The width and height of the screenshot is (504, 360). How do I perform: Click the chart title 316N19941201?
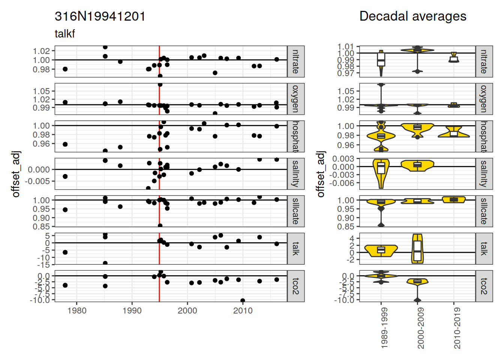pyautogui.click(x=100, y=16)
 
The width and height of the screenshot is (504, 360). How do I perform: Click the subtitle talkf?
pyautogui.click(x=65, y=34)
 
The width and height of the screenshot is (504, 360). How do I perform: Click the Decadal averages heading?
pyautogui.click(x=412, y=16)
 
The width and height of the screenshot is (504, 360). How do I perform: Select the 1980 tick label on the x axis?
pyautogui.click(x=77, y=311)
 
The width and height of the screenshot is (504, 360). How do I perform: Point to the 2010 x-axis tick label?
pyautogui.click(x=243, y=311)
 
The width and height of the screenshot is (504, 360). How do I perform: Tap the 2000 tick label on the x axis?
pyautogui.click(x=187, y=311)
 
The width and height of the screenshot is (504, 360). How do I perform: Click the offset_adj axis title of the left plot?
pyautogui.click(x=16, y=174)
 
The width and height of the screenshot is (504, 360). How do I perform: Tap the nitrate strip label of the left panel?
pyautogui.click(x=295, y=61)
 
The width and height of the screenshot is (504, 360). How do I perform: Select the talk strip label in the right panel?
pyautogui.click(x=484, y=249)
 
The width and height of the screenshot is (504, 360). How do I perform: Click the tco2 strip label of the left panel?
pyautogui.click(x=295, y=286)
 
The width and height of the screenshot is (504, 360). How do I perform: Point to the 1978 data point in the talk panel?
pyautogui.click(x=65, y=252)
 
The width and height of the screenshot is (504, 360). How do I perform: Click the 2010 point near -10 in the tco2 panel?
pyautogui.click(x=243, y=301)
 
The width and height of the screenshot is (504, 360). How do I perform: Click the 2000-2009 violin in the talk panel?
pyautogui.click(x=417, y=249)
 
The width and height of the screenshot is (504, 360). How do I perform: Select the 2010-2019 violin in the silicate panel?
pyautogui.click(x=454, y=199)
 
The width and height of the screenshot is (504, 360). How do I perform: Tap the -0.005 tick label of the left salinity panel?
pyautogui.click(x=37, y=181)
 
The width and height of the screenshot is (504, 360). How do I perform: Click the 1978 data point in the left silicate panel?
pyautogui.click(x=65, y=210)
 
